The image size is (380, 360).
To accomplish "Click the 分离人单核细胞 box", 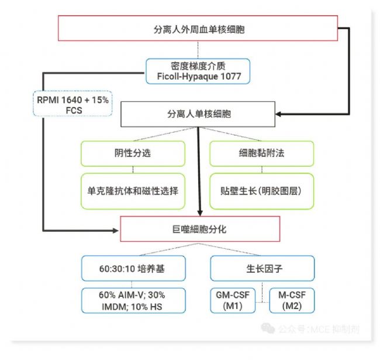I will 198,114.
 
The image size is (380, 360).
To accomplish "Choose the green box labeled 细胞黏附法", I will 262,154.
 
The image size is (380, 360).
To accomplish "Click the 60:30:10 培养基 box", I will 133,269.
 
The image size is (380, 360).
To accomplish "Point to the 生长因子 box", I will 262,269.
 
